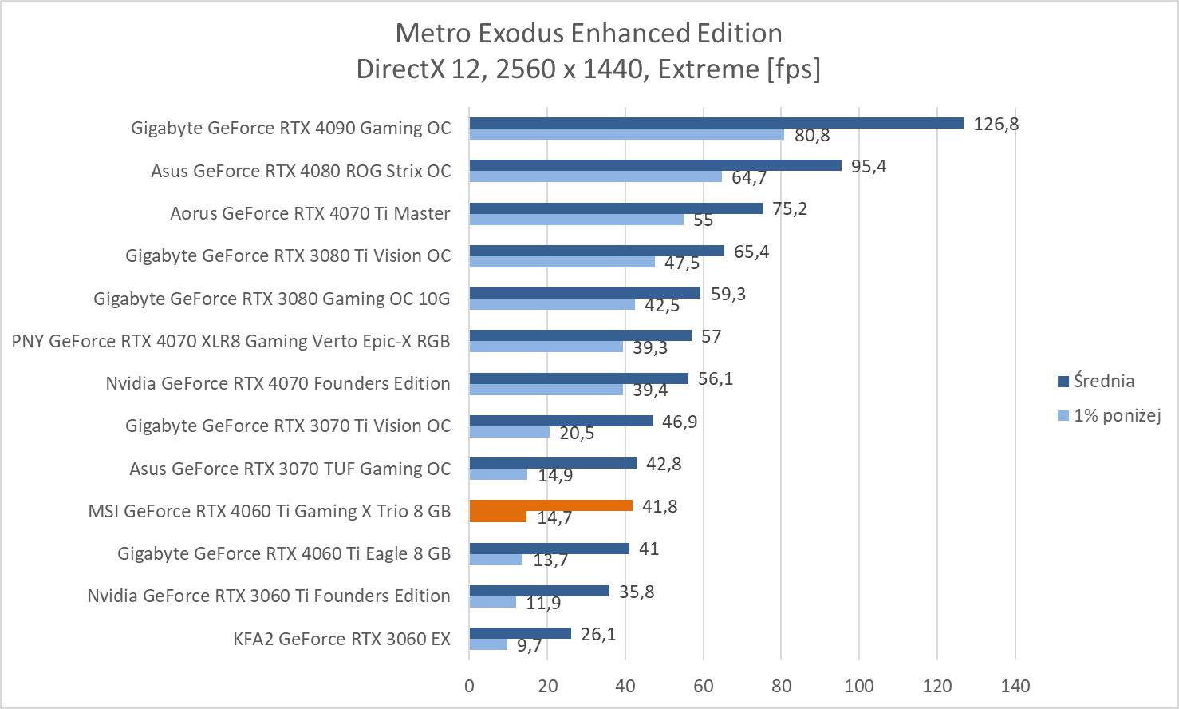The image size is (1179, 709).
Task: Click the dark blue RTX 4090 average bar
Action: tap(716, 123)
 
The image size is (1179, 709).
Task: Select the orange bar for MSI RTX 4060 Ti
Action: tap(550, 505)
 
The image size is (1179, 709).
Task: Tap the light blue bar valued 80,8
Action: tap(626, 134)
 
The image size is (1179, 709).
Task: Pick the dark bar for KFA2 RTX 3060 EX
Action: tap(519, 633)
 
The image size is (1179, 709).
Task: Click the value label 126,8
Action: tap(996, 124)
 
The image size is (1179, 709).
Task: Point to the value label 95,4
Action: tap(869, 166)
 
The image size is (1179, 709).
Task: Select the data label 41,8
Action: tap(660, 506)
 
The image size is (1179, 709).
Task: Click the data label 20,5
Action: tap(577, 433)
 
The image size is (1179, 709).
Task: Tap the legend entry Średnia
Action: tap(1103, 381)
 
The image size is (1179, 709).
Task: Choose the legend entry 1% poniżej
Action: tap(1116, 415)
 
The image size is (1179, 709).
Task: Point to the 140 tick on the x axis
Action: tap(1015, 685)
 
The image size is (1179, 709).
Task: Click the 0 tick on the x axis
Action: tap(469, 685)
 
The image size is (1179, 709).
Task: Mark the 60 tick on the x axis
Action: tap(703, 685)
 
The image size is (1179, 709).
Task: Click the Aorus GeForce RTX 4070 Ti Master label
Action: tap(310, 213)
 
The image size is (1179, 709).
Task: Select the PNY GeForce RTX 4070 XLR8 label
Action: tap(231, 341)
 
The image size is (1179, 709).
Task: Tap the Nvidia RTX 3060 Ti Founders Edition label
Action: tap(269, 596)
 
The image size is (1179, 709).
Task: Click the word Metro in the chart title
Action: tap(427, 33)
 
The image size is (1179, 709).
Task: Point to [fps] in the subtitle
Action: tap(793, 69)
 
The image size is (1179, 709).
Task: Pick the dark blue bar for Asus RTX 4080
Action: tap(655, 165)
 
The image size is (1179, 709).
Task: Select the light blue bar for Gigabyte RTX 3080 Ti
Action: tap(562, 262)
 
